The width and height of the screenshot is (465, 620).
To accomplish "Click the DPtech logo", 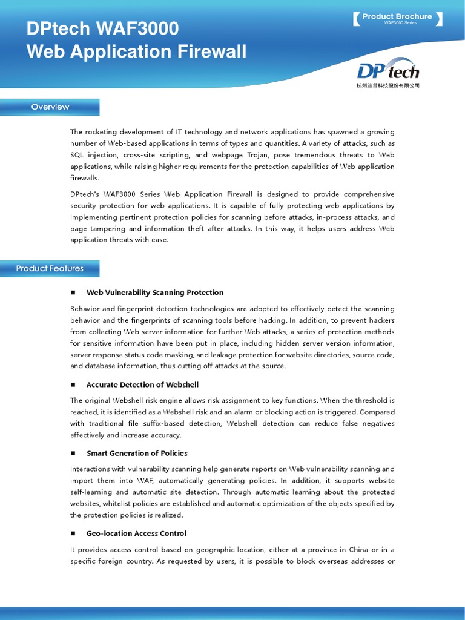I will point(387,70).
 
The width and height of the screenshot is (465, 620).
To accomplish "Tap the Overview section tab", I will point(50,107).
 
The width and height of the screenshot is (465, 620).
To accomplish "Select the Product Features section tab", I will point(50,269).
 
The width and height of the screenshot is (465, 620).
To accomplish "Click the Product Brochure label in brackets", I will point(397,17).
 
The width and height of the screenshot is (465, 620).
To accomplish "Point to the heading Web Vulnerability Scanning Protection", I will point(155,292).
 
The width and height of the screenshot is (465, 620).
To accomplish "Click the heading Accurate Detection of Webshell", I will point(142,385).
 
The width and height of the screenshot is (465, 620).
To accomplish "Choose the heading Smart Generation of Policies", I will point(137,453).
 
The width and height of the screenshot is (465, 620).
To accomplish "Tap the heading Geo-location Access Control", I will point(136,533).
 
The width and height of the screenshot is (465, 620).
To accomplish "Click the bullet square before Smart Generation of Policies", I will point(73,453).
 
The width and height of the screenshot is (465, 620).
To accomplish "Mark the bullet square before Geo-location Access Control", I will point(73,533).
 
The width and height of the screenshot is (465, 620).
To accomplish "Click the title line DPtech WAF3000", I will point(102,29).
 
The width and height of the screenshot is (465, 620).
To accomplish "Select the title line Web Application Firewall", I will point(136,52).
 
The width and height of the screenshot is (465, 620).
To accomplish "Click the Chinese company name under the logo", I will point(387,86).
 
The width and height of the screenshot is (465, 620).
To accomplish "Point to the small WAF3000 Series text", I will point(400,23).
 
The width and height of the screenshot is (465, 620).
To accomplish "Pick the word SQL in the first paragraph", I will point(78,155).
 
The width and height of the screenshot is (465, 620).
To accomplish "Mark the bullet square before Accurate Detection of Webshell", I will point(73,385).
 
